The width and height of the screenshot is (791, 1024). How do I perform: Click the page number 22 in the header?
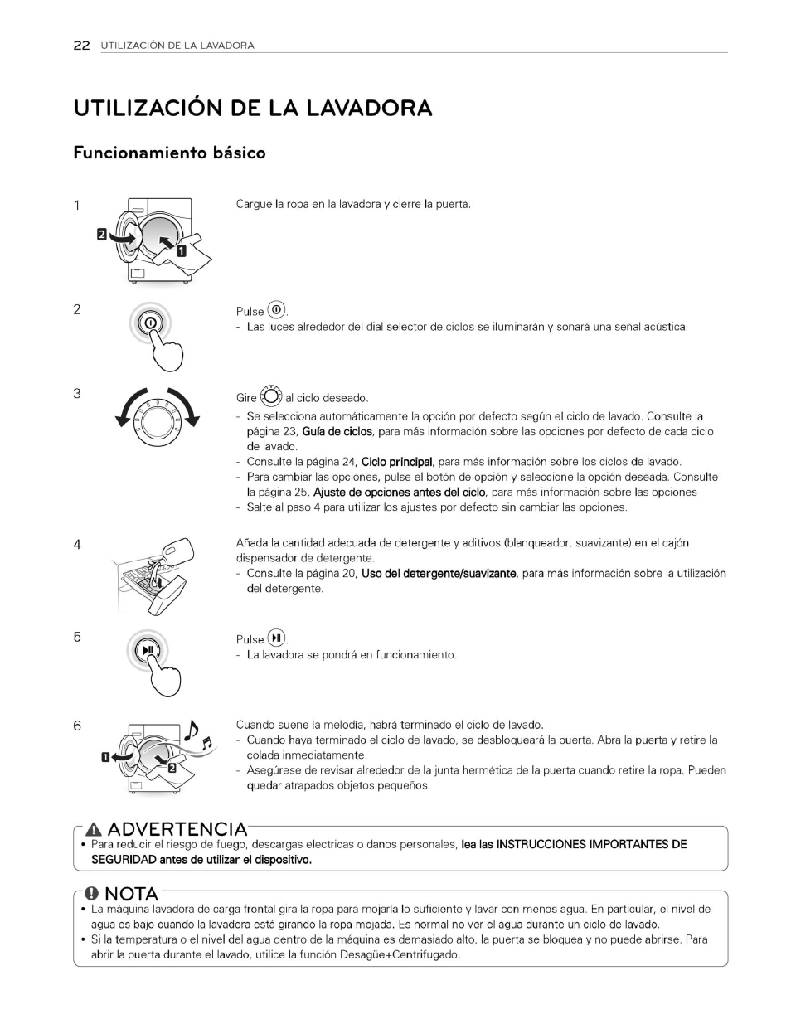[80, 46]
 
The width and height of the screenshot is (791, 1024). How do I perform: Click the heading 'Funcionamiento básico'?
[169, 153]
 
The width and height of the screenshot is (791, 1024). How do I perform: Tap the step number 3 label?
[77, 393]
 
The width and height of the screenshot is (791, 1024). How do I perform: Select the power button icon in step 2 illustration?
[150, 323]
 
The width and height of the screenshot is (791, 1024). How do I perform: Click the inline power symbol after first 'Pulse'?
[277, 310]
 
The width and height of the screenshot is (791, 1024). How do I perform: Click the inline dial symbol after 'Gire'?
[271, 396]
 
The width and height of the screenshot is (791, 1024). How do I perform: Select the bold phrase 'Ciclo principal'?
[397, 462]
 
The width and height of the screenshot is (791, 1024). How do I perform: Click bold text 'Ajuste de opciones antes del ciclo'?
[399, 492]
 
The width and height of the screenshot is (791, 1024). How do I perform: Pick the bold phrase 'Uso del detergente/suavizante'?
[439, 573]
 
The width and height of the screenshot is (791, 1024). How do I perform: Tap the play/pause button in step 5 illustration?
[148, 649]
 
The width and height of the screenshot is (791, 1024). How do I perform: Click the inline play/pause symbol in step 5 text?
[277, 638]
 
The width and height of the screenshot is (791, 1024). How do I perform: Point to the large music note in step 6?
[192, 729]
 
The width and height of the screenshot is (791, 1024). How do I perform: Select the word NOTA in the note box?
[131, 894]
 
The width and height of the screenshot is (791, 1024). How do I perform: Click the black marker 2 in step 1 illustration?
[102, 235]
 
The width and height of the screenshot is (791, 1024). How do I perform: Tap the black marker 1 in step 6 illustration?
[105, 756]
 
